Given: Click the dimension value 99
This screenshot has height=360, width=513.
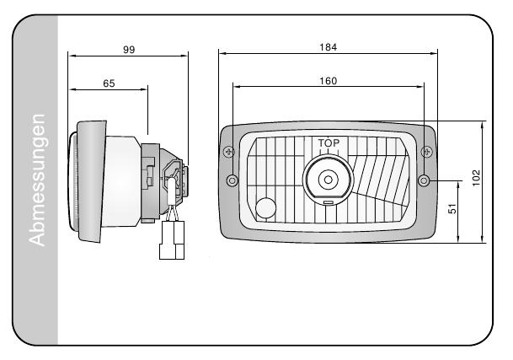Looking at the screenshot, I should tap(129, 50).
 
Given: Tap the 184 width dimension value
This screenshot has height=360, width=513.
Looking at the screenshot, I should tap(329, 47).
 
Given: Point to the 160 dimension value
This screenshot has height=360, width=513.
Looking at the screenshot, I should tap(329, 81).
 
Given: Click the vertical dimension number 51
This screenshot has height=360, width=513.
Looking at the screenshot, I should tap(452, 212).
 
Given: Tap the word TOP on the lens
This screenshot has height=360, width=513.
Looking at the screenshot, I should tap(329, 144).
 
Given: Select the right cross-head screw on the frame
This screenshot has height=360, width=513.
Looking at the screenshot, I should tap(426, 151).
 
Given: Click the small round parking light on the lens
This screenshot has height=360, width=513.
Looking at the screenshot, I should tap(266, 207).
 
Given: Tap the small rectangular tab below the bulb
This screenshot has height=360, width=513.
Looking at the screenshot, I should tap(328, 203).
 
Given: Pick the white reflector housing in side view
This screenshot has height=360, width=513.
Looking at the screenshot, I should tap(122, 181).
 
